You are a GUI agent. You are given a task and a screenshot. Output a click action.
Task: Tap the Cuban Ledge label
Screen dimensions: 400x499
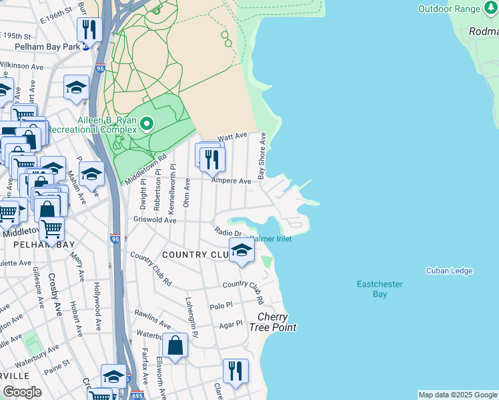coord(450,271)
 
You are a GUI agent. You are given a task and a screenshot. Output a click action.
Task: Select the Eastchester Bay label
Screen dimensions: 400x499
coord(380,289)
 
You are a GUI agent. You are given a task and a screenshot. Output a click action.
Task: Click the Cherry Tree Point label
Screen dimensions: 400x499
coord(272,322)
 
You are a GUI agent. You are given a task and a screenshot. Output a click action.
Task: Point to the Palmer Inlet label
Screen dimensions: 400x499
coord(272,238)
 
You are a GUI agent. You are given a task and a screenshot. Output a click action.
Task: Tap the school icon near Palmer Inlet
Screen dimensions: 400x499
coord(241,251)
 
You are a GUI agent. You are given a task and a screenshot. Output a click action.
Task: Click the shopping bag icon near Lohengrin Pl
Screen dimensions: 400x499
coord(175,345)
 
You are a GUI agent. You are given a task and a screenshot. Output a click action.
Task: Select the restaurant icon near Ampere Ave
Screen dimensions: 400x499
coord(212,159)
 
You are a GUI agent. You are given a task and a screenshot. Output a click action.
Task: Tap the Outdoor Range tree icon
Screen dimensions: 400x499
coord(492,9)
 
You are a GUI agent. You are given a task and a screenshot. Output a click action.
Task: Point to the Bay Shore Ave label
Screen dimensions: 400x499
coord(262,155)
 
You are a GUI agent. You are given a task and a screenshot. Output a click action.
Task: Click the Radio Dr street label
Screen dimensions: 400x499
coord(228,231)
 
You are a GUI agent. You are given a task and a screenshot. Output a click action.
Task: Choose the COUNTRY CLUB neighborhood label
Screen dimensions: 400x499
coord(195,255)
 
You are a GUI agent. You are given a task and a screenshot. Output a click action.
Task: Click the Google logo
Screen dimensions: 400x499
coord(22,392)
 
